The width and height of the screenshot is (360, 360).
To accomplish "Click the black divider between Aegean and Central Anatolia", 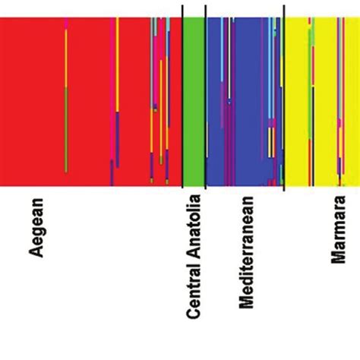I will coord(182,95).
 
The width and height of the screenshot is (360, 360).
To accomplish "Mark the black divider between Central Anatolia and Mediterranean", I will coord(206,95).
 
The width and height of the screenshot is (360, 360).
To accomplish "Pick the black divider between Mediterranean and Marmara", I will coord(283,95).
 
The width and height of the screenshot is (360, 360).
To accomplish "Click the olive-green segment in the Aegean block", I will coord(67,129).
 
